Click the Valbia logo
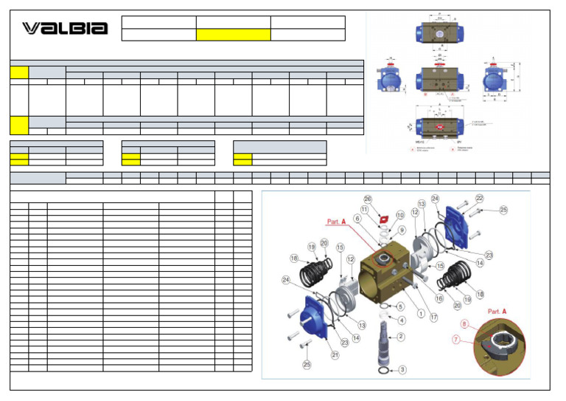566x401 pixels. [65, 28]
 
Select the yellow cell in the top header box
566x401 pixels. [233, 35]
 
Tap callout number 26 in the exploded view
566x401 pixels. [368, 199]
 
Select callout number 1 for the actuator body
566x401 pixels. [421, 312]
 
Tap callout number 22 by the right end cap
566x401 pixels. [479, 199]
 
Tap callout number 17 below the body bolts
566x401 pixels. [434, 318]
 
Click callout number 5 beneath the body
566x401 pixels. [400, 306]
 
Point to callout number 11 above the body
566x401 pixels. [365, 210]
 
